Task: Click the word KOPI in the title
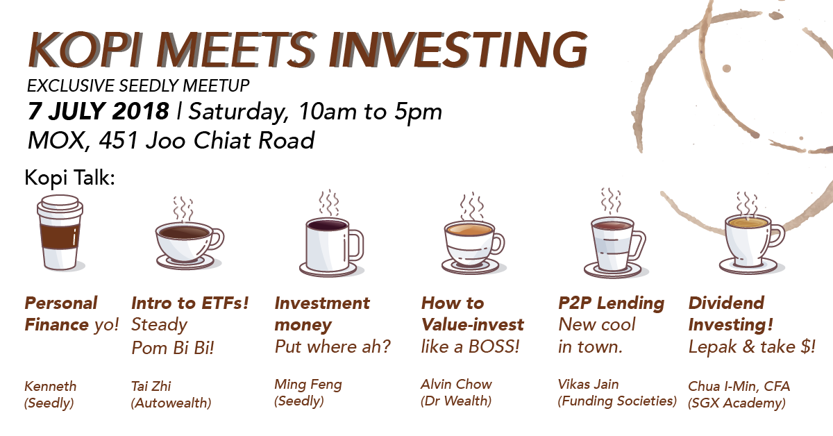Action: (85, 49)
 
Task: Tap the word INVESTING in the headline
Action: (457, 49)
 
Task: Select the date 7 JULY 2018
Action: (98, 111)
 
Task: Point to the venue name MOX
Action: (56, 141)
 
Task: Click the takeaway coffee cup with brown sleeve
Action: (60, 232)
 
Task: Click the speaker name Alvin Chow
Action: (456, 385)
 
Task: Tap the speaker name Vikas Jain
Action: (589, 385)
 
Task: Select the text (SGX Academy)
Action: (737, 403)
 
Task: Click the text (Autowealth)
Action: (171, 403)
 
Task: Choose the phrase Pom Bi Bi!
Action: (173, 348)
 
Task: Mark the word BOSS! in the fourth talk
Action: (494, 346)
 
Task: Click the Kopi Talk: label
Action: (69, 178)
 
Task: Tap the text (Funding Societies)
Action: (617, 401)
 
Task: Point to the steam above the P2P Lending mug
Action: (611, 200)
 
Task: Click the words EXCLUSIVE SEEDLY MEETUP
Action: (138, 85)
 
